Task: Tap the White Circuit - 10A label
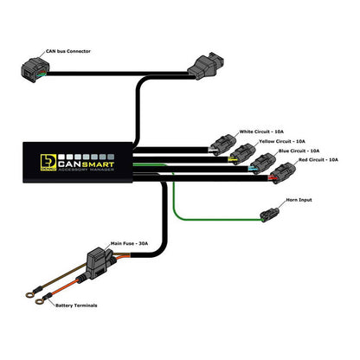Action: point(262,124)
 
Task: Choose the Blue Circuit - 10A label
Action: point(299,151)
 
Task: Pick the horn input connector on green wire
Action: point(268,213)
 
